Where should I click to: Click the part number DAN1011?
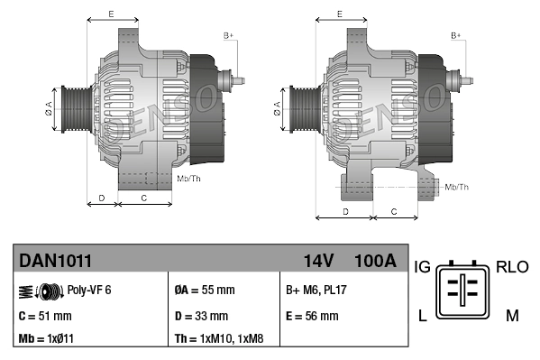point(55,261)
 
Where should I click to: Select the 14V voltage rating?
point(319,261)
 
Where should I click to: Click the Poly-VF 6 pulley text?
point(89,291)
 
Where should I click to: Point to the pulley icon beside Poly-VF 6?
point(40,291)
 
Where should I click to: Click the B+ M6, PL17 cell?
point(316,291)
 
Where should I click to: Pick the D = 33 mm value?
point(201,316)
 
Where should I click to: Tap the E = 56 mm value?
point(312,316)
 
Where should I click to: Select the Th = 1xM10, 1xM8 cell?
point(219,339)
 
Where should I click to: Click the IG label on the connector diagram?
point(422,267)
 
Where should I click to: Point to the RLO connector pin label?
point(511,267)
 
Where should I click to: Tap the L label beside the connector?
point(421,315)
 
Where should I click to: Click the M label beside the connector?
point(511,315)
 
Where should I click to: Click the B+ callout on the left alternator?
point(228,34)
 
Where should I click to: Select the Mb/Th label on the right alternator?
point(457,187)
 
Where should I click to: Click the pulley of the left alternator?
point(73,110)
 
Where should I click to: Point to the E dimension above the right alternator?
point(339,14)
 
